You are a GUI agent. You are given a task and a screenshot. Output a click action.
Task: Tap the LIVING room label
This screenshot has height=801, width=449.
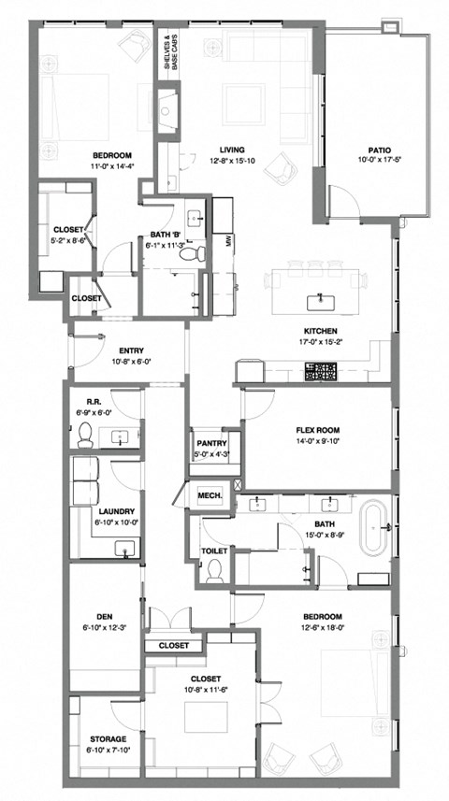[x=231, y=149]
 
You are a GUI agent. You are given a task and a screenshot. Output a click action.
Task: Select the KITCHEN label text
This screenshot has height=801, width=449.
[x=321, y=330]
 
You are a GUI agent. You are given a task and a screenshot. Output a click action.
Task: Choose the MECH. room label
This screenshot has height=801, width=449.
[x=208, y=494]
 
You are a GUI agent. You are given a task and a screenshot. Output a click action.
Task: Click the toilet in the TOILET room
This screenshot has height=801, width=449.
[x=214, y=570]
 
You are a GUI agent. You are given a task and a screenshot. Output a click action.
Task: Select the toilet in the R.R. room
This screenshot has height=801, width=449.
[x=83, y=433]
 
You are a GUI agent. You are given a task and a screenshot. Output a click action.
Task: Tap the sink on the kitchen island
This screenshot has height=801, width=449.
[x=321, y=300]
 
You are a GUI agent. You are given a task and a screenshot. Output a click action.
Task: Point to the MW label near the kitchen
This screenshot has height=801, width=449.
[x=228, y=240]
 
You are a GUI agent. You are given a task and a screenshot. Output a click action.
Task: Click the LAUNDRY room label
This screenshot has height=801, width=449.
[x=115, y=511]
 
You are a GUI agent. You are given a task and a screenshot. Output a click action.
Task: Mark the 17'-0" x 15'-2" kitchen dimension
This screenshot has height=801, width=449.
[x=321, y=341]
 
